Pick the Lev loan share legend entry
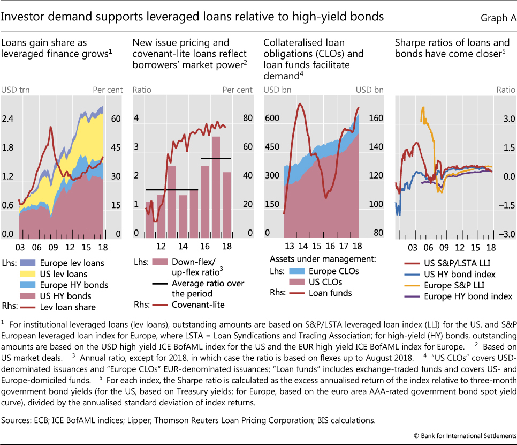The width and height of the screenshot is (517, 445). coord(69,307)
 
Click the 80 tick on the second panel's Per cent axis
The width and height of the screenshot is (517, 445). coord(245,118)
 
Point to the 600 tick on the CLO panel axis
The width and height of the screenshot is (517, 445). coord(273,118)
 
